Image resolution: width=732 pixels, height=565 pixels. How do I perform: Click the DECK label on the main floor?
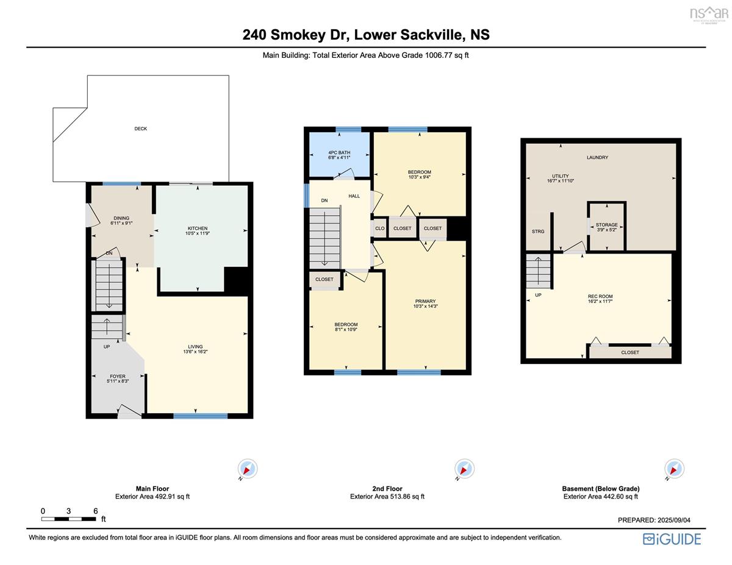140,129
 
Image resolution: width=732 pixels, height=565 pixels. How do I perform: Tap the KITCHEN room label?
198,228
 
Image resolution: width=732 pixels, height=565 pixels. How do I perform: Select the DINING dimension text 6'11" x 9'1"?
121,222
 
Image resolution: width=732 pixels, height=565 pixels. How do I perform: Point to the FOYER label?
118,376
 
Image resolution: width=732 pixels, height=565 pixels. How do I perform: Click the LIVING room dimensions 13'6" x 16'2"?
195,352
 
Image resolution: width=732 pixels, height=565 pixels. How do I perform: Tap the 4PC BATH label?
339,152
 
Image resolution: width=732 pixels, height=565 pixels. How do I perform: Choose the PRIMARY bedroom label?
425,301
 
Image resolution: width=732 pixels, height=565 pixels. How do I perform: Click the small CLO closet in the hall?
379,229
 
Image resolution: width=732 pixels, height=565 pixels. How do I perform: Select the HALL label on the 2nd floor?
354,196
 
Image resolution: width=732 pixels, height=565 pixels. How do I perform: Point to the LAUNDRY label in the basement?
597,157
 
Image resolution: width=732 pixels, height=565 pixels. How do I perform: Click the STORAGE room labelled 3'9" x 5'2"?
607,227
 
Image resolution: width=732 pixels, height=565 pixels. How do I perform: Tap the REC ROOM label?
600,296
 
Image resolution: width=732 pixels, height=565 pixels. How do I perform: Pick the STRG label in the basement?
538,232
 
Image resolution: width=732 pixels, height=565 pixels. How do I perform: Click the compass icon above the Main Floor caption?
248,469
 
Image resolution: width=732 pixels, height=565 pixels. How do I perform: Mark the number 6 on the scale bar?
95,511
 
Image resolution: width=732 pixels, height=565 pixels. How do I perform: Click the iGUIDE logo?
672,539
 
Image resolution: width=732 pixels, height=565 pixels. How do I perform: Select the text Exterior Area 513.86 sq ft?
387,496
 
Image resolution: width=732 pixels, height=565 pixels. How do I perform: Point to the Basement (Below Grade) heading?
601,489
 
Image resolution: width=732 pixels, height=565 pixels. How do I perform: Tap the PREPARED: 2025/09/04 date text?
654,520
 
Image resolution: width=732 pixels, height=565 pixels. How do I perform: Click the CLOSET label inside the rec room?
630,352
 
